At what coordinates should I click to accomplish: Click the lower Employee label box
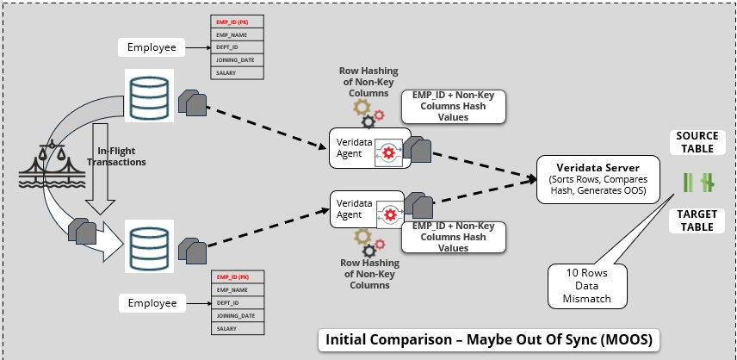(152, 303)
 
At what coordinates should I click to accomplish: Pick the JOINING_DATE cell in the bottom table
(238, 316)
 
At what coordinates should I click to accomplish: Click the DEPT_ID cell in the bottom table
(238, 303)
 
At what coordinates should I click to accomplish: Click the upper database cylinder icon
(150, 94)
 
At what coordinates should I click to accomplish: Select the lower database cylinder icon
(150, 245)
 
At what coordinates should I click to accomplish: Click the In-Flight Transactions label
(117, 156)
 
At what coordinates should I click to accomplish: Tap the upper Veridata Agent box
(367, 148)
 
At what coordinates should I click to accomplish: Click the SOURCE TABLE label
(697, 142)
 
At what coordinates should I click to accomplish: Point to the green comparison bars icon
(696, 182)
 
